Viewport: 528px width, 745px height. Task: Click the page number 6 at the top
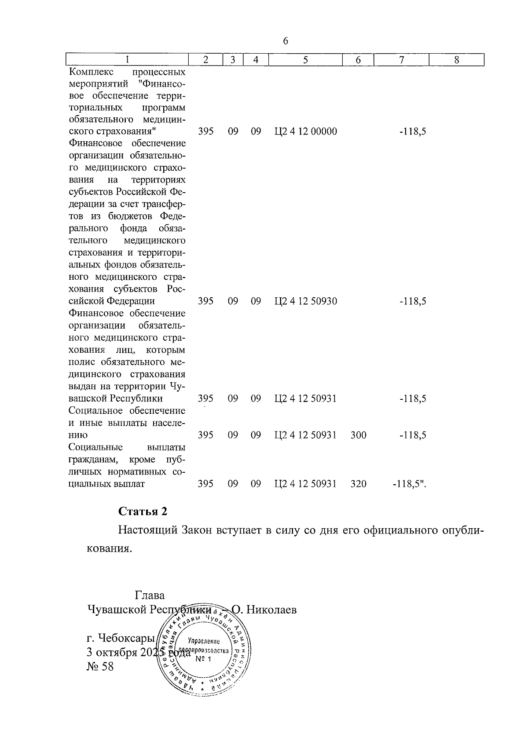(286, 41)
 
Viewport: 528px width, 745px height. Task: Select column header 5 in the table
(305, 60)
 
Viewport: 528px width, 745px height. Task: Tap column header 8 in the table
(457, 60)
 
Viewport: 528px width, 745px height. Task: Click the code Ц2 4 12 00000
(305, 131)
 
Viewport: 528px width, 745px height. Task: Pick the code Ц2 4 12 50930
(305, 301)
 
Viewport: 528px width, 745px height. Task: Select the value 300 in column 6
(358, 435)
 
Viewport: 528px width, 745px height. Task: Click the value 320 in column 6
(358, 484)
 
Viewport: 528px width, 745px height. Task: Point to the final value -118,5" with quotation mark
(410, 484)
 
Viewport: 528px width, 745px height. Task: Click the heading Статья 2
(143, 511)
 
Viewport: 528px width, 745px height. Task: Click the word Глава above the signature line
(150, 595)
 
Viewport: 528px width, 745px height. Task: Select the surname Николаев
(271, 610)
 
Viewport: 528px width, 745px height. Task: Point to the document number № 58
(100, 667)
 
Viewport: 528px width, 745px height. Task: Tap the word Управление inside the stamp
(204, 642)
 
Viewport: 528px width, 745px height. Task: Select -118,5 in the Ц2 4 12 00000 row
(412, 131)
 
